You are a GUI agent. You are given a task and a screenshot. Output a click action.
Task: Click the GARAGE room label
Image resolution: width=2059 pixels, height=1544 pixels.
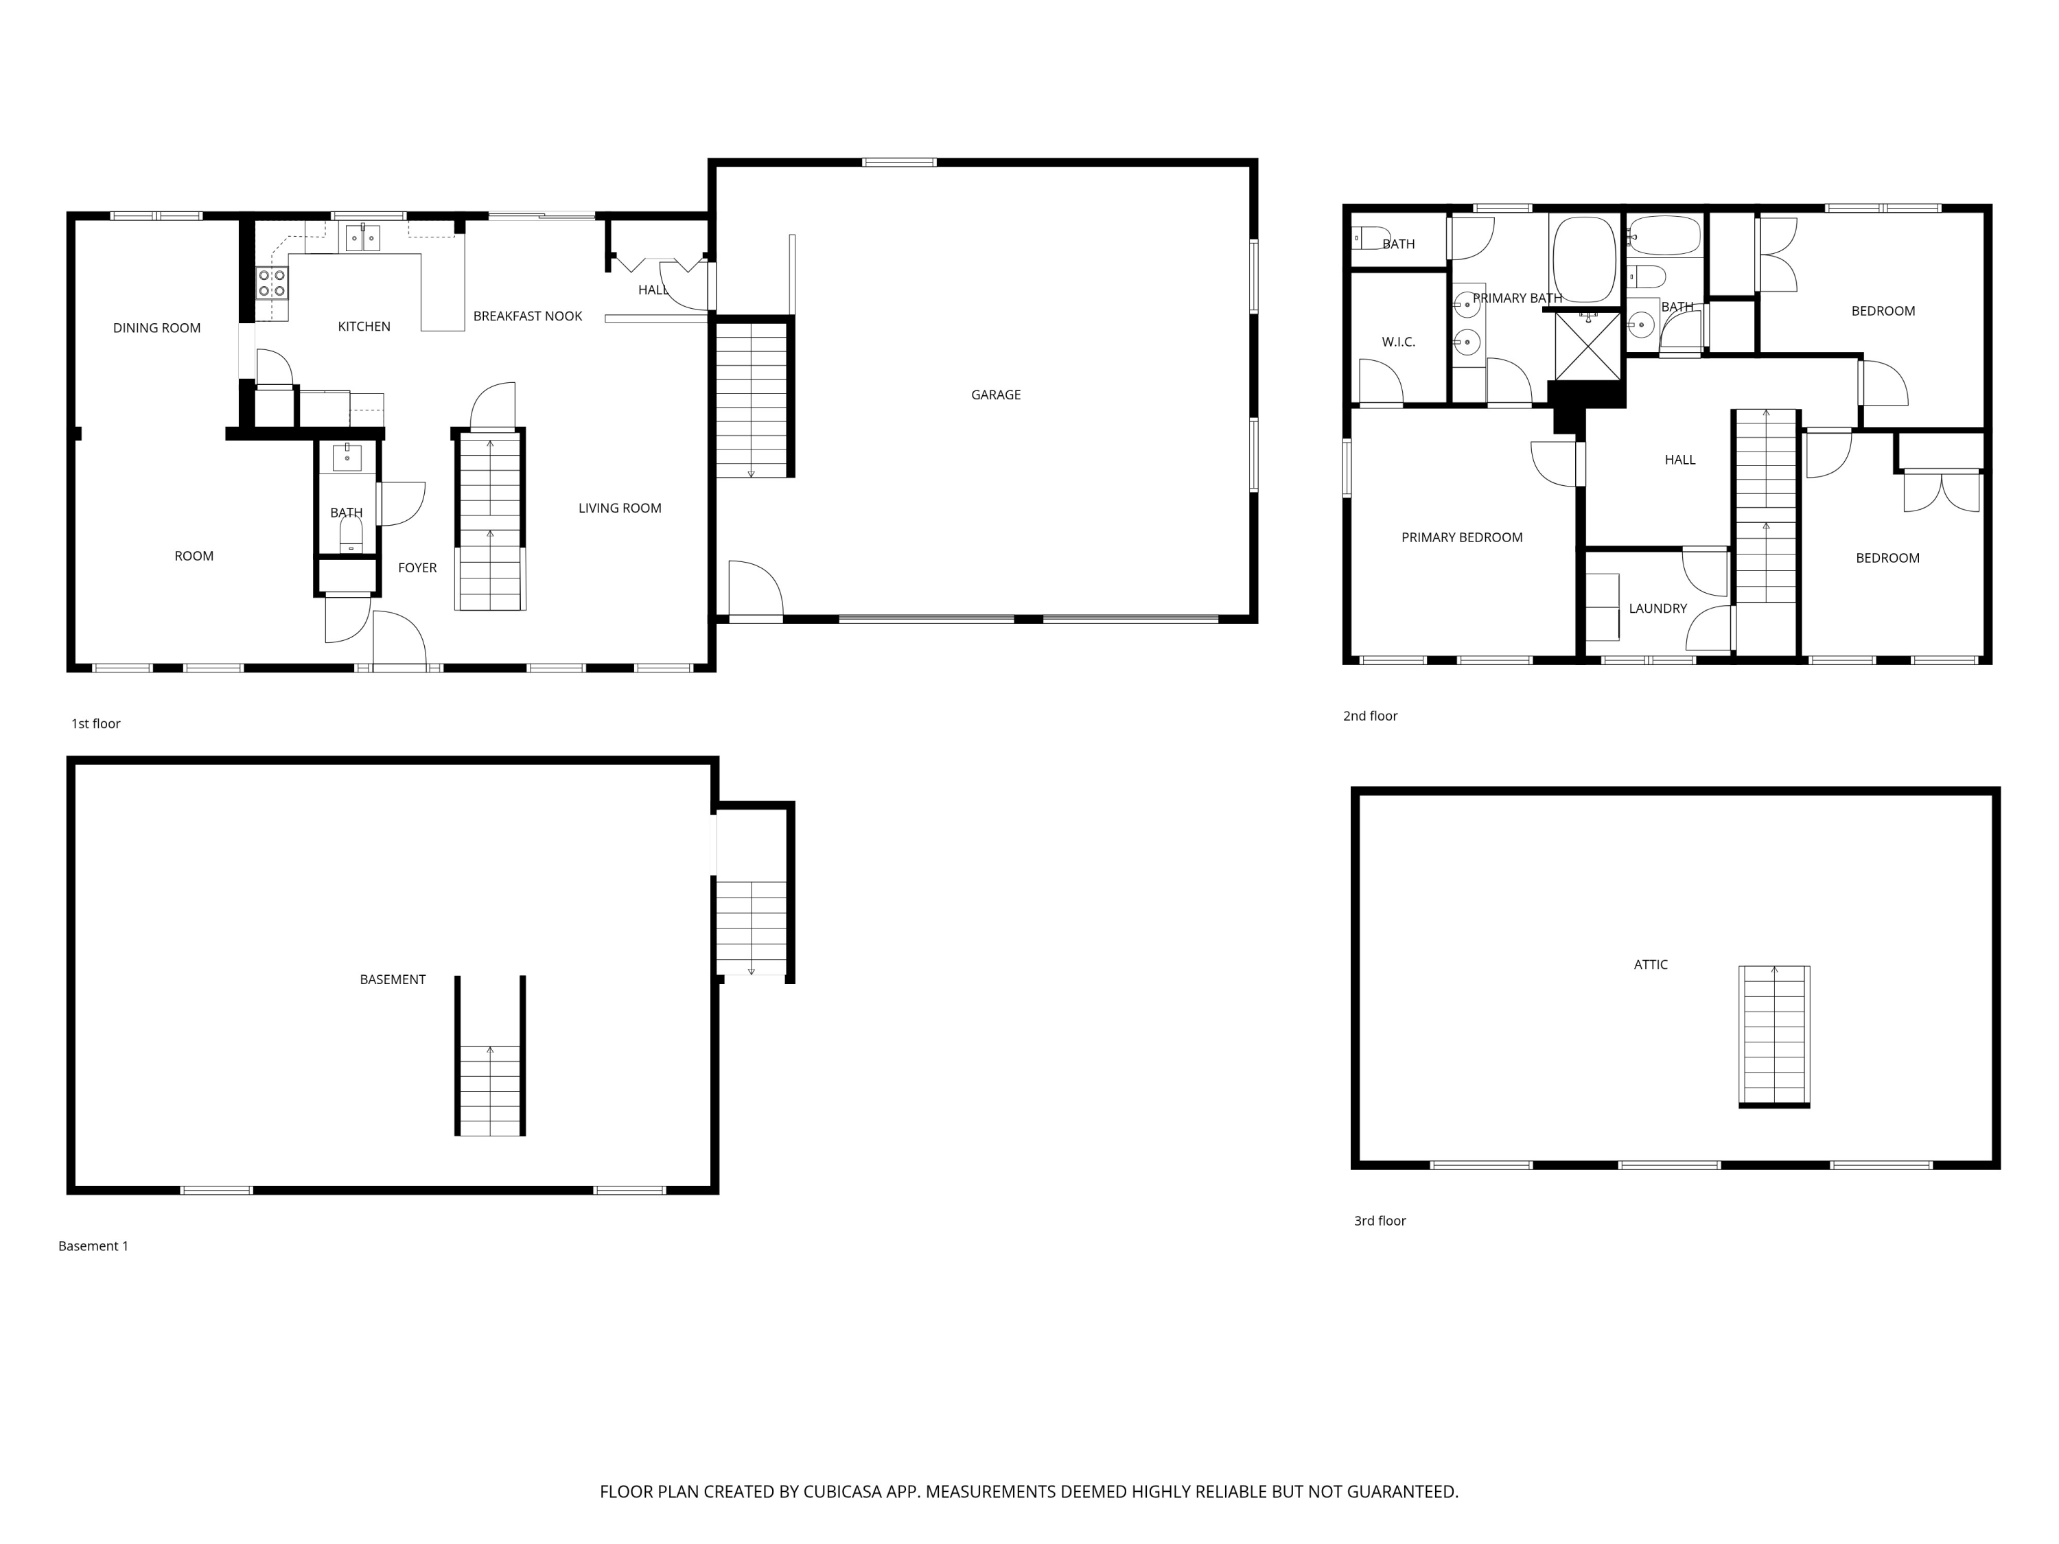[x=995, y=395]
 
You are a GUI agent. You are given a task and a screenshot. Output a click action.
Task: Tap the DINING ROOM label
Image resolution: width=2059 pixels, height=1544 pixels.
[x=156, y=327]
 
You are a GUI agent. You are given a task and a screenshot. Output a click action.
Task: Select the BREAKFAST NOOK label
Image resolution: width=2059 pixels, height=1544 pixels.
[x=527, y=316]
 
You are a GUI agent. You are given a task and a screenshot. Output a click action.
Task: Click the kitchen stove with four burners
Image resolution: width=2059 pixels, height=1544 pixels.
[x=272, y=283]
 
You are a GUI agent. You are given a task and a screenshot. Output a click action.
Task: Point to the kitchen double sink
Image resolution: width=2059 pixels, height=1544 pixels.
[x=362, y=238]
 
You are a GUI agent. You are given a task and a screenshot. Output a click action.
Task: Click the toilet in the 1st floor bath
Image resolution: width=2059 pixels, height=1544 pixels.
[x=350, y=535]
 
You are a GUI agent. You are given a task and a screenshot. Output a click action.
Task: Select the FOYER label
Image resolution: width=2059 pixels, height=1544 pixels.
[x=417, y=568]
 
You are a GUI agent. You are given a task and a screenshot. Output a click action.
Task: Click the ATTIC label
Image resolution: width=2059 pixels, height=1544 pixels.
[x=1651, y=965]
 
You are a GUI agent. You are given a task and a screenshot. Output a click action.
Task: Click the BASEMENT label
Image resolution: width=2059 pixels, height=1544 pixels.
[x=392, y=979]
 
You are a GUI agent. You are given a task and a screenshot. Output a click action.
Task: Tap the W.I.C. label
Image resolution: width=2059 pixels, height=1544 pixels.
[x=1398, y=342]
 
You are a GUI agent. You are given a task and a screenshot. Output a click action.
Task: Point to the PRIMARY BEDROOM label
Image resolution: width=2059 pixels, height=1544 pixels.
[x=1461, y=537]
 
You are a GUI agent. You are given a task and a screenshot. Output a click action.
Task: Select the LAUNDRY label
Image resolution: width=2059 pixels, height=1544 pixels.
[x=1657, y=609]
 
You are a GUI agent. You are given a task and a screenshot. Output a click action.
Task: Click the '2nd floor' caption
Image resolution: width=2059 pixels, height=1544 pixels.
[x=1370, y=716]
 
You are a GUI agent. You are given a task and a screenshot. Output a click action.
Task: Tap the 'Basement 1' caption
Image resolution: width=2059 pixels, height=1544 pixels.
[x=93, y=1246]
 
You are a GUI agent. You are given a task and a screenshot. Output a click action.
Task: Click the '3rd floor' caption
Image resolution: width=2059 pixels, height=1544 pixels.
[x=1380, y=1221]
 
